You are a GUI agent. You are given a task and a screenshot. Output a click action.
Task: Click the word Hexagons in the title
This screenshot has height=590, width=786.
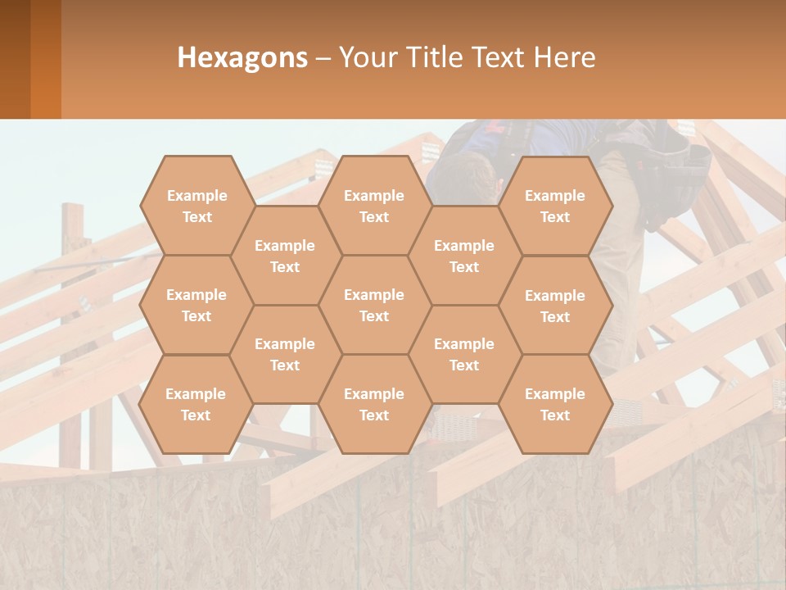coord(242,57)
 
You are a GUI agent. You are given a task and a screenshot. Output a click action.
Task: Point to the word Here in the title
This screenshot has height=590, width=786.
coord(565,57)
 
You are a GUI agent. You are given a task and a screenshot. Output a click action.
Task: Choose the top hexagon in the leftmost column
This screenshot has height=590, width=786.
coord(196,206)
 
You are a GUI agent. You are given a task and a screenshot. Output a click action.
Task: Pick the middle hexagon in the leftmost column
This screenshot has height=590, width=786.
coord(196,305)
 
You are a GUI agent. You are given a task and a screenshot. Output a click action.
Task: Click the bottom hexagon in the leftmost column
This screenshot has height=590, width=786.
coord(196,404)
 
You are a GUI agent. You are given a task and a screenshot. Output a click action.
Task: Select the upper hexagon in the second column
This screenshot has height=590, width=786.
coord(285,256)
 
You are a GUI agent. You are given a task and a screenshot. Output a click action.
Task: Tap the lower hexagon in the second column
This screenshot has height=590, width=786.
coord(285,354)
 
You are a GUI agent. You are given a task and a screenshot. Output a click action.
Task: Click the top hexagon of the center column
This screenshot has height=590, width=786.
coord(374,206)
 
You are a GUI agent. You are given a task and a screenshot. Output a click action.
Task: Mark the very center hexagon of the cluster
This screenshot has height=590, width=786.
coord(374,305)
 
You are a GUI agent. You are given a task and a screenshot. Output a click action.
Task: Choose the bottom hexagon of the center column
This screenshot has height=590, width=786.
coord(374,404)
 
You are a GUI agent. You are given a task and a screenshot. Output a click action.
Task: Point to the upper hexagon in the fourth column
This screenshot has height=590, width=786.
coord(464,256)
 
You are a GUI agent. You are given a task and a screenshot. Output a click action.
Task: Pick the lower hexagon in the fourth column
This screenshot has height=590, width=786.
coord(464,354)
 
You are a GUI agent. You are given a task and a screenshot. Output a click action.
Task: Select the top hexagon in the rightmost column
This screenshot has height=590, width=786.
coord(555,206)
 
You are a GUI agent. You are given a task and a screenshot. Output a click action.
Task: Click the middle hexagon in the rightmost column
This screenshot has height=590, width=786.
coord(555,306)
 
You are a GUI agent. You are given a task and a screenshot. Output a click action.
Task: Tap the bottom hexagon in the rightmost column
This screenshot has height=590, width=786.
coord(555,404)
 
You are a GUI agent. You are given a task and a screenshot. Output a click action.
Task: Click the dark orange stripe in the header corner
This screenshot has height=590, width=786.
coord(45,59)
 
